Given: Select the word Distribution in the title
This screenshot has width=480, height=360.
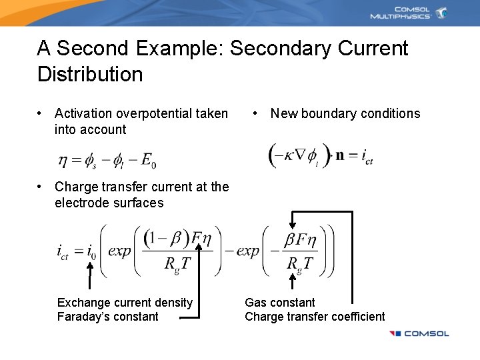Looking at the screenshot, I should pyautogui.click(x=90, y=73).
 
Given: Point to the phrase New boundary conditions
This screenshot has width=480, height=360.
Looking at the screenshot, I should pyautogui.click(x=345, y=113).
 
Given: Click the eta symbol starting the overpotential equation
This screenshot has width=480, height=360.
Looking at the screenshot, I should pyautogui.click(x=63, y=160).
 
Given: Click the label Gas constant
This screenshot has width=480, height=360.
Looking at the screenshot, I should pyautogui.click(x=280, y=303).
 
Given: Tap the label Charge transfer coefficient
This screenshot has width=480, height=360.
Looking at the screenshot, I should pyautogui.click(x=315, y=317).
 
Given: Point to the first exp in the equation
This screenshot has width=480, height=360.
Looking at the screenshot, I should pyautogui.click(x=119, y=251).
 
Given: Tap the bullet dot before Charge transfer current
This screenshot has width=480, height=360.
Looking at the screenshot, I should pyautogui.click(x=41, y=187).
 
